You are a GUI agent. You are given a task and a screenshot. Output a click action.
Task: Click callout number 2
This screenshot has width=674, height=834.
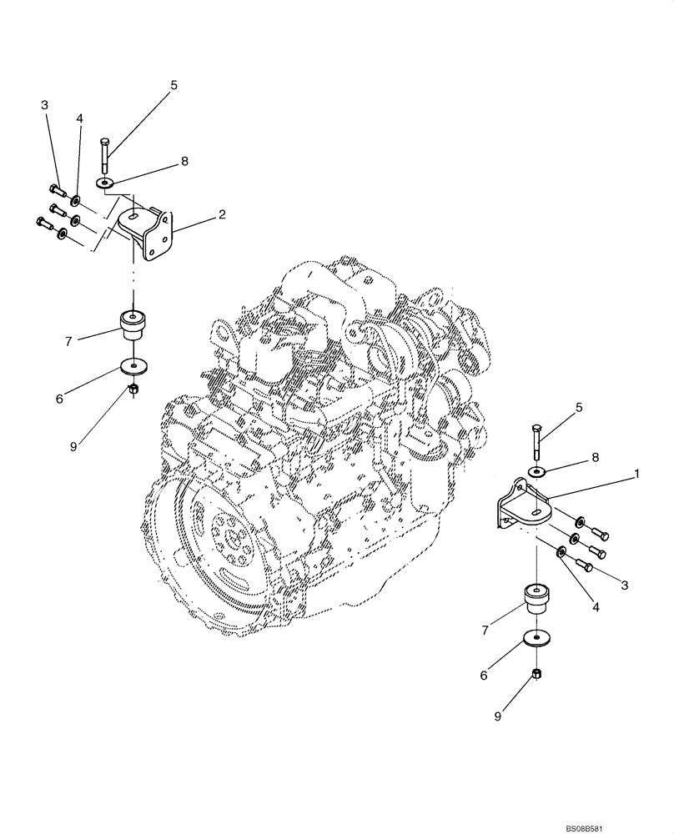222,214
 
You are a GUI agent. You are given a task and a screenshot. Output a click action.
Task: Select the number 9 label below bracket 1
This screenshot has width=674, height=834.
499,716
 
